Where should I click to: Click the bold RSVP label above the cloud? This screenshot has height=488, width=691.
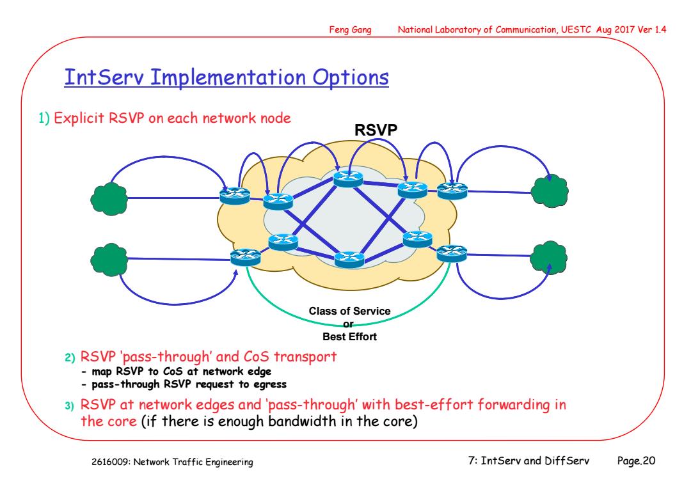click(x=376, y=130)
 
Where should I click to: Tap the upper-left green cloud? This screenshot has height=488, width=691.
click(x=109, y=199)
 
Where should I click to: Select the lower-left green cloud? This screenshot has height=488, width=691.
click(x=109, y=260)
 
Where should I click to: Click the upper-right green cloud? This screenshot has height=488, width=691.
click(x=550, y=191)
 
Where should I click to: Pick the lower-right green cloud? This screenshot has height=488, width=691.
click(x=549, y=258)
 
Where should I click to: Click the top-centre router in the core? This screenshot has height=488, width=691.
click(x=348, y=179)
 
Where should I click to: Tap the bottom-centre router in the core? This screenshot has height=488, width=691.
click(x=349, y=259)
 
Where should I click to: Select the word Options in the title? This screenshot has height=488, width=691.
click(x=351, y=77)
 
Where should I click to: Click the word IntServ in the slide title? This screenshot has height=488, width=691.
click(x=104, y=77)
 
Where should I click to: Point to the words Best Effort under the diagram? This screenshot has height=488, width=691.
click(x=349, y=337)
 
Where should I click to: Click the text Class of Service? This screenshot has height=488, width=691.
click(x=349, y=311)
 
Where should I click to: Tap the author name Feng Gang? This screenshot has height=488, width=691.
click(x=351, y=29)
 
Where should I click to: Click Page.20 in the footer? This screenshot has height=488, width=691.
click(x=636, y=460)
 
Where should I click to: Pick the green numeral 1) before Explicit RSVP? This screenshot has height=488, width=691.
click(x=44, y=118)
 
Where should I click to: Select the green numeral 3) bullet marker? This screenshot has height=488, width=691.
click(x=69, y=405)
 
